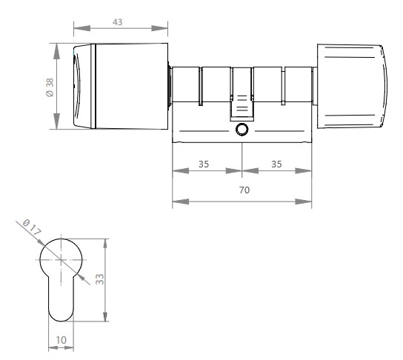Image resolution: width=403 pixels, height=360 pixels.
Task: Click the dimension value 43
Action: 118,22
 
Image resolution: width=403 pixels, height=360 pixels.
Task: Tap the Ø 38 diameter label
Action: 50,87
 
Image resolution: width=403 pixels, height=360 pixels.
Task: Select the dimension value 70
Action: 244,190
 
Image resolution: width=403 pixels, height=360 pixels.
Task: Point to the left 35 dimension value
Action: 204,164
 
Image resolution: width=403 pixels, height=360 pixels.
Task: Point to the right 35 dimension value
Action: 276,164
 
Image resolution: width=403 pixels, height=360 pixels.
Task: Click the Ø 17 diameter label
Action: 32,227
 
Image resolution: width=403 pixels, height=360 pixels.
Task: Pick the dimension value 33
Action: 100,279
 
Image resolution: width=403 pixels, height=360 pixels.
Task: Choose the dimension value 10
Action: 61,340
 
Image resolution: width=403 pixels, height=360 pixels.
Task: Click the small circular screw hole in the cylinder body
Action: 242,129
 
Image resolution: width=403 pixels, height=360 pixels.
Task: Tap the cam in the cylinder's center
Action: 242,107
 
